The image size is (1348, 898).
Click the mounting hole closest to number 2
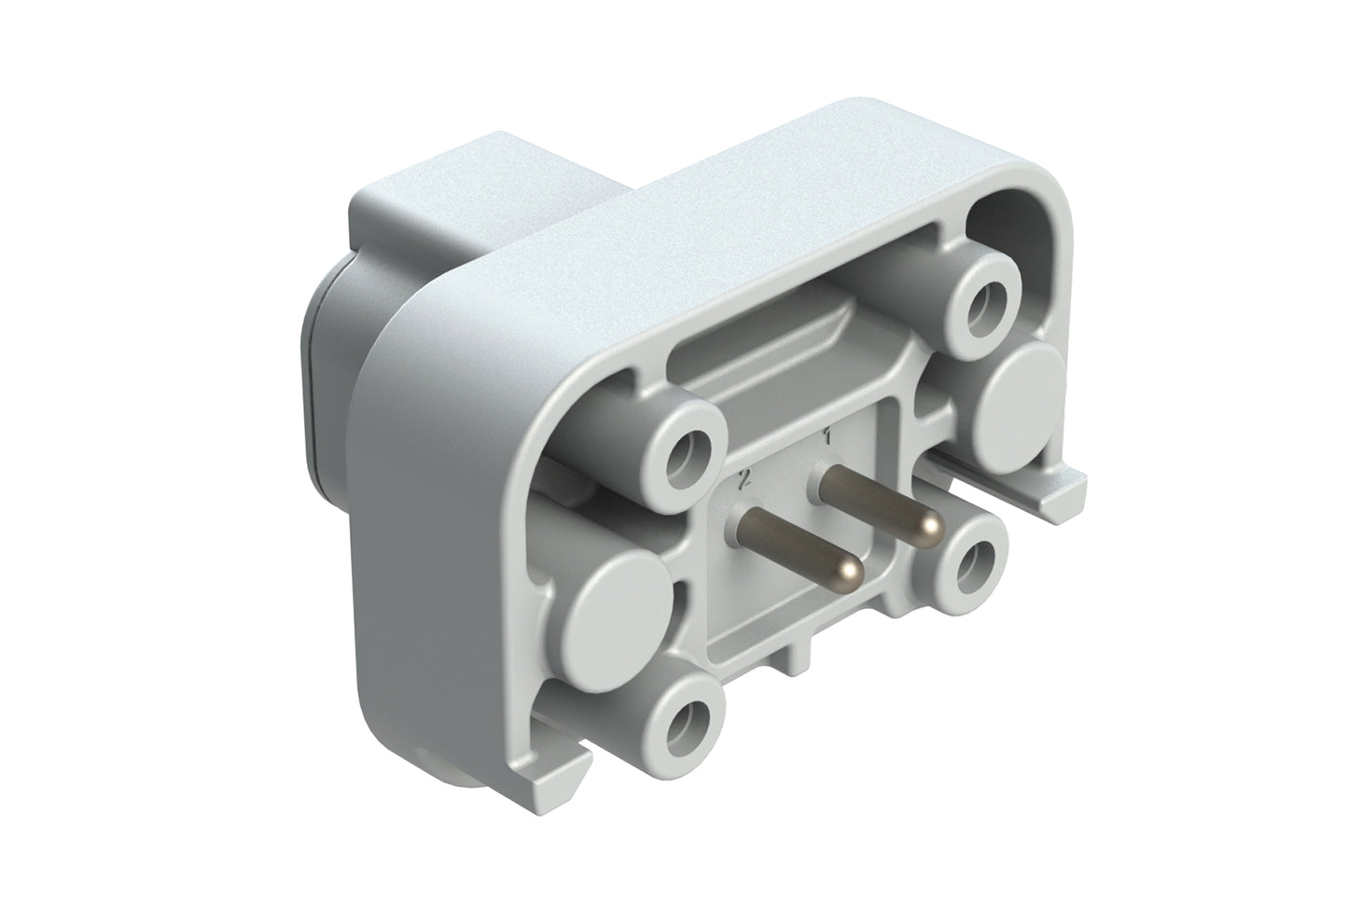click(x=688, y=450)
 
